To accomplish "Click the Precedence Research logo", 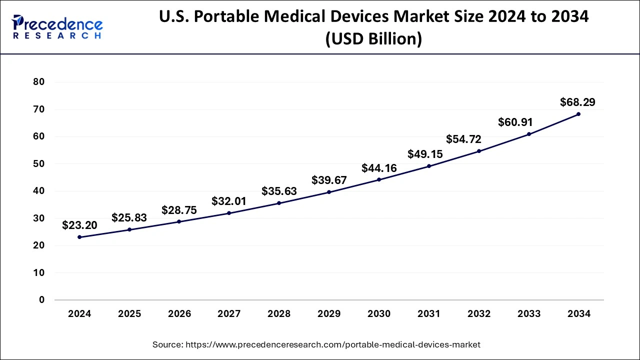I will (57, 27).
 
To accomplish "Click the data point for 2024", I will (79, 237).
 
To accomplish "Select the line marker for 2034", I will (578, 114).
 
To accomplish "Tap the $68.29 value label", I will (577, 102).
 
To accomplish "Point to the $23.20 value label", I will (79, 225).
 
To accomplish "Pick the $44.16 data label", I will (379, 168).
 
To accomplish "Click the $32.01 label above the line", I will (229, 201).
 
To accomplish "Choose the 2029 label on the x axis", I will (329, 314).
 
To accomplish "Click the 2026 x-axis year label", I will (179, 314).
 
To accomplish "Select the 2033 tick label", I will (529, 314).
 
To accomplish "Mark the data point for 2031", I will (429, 166).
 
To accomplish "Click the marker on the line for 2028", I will (279, 203).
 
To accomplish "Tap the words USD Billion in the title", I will (373, 38).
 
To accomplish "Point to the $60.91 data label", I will (515, 122).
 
